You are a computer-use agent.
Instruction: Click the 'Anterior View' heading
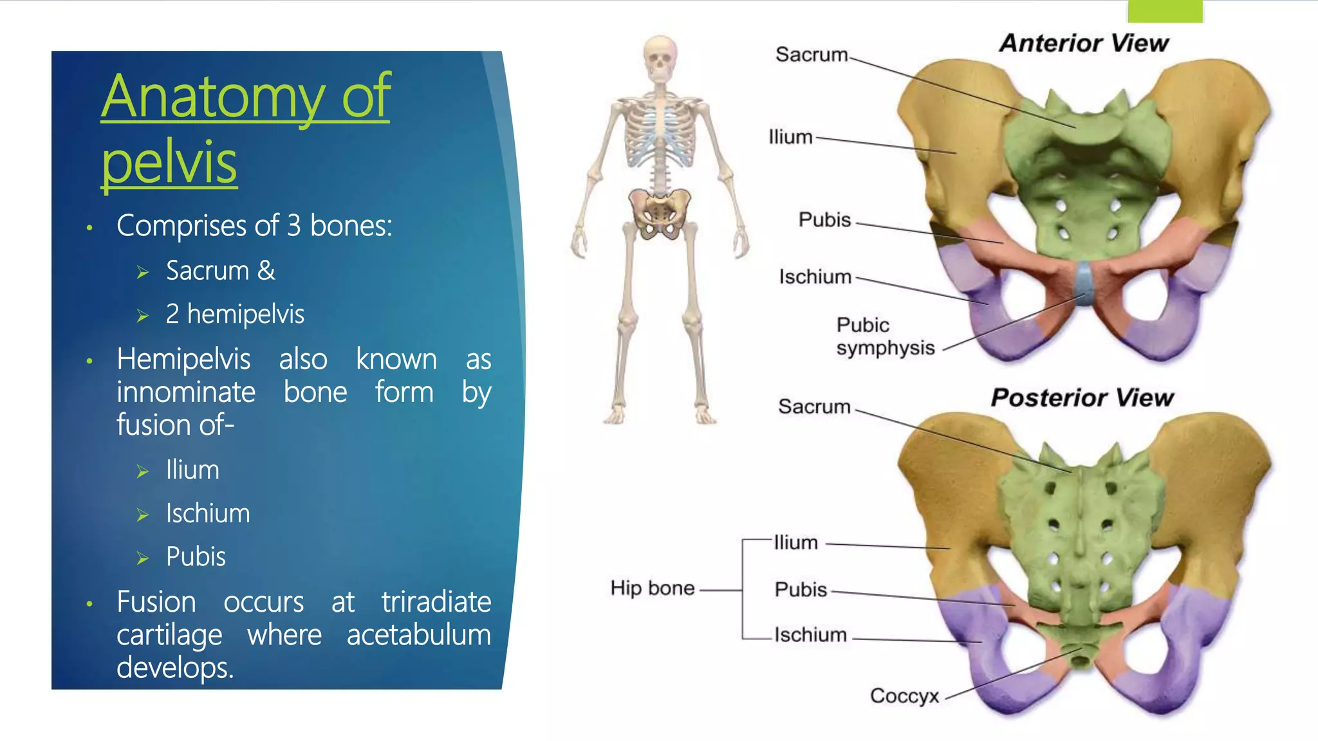(x=1084, y=43)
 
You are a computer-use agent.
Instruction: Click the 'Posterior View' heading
(x=1082, y=398)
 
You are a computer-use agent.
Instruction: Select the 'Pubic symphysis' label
(x=885, y=336)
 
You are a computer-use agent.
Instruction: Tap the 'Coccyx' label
(x=904, y=695)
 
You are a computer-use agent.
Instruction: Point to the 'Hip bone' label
(x=652, y=588)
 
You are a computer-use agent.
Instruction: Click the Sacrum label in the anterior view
(x=812, y=55)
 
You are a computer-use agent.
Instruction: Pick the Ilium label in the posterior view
(x=795, y=542)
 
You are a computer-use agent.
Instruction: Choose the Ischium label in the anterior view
(x=815, y=277)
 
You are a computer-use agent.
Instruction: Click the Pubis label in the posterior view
(x=801, y=589)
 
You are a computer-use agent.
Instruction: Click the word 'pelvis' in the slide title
(x=169, y=161)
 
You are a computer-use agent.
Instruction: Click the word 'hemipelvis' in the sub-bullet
(x=245, y=314)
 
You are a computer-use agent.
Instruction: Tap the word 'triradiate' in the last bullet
(x=436, y=602)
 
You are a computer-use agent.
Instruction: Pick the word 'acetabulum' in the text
(x=418, y=635)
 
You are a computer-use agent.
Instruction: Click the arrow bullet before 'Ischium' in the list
(x=143, y=515)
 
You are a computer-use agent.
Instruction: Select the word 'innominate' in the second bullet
(x=186, y=392)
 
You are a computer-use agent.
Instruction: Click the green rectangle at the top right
(x=1165, y=11)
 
